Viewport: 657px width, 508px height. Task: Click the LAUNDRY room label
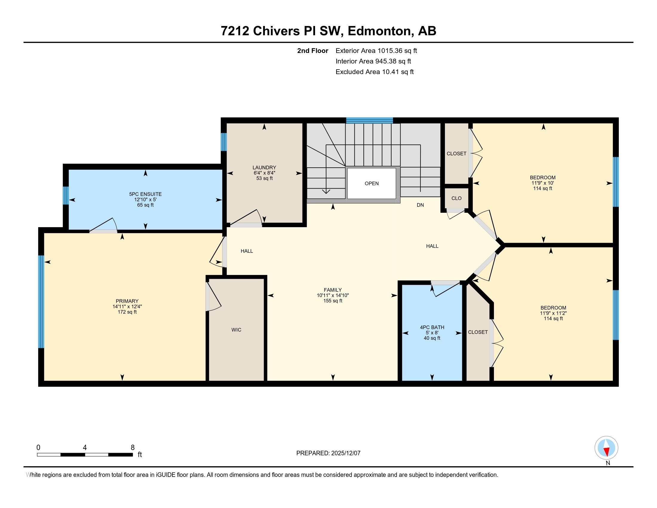[x=264, y=168]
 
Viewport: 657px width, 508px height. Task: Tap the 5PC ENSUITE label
[x=145, y=195]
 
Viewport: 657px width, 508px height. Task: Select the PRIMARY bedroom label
[x=127, y=301]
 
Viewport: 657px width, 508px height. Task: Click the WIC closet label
[x=236, y=330]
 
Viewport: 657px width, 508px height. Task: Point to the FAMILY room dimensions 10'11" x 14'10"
[x=333, y=296]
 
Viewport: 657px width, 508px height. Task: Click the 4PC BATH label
[x=432, y=328]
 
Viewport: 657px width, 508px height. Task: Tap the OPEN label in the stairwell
[x=372, y=183]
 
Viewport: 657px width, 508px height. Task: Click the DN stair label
[x=420, y=205]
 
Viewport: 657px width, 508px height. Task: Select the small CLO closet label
[x=456, y=198]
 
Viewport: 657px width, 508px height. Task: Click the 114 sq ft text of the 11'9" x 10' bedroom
[x=543, y=188]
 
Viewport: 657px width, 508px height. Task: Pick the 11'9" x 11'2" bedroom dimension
[x=553, y=313]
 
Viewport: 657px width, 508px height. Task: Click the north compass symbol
[x=606, y=448]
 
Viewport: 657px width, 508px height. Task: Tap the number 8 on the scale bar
[x=133, y=448]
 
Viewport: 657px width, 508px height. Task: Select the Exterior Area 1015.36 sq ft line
[x=376, y=51]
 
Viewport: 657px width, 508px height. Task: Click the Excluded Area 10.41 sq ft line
[x=374, y=72]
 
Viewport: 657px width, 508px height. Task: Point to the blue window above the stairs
[x=369, y=120]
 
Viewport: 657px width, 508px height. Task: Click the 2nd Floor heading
[x=313, y=51]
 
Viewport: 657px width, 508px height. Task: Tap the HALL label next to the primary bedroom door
[x=247, y=251]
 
